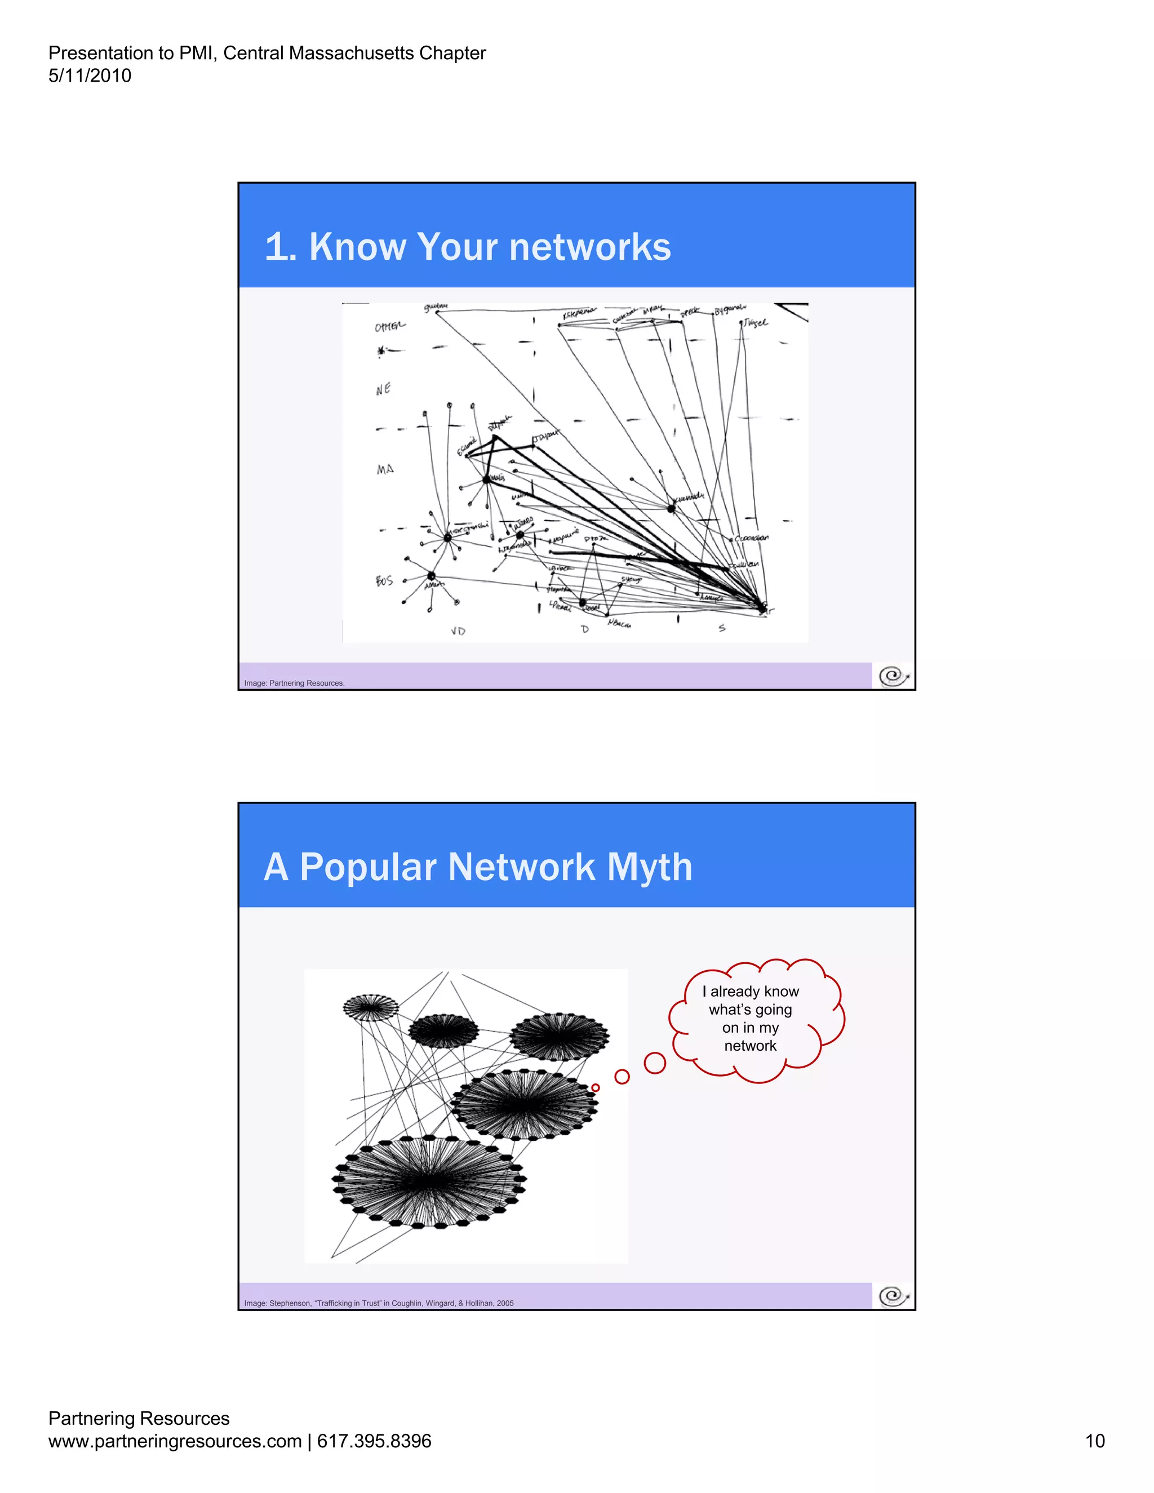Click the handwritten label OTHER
click(x=390, y=326)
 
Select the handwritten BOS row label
click(x=384, y=580)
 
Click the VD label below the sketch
click(x=458, y=631)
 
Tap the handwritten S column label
click(x=722, y=628)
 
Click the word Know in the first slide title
click(x=358, y=247)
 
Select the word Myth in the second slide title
click(x=650, y=867)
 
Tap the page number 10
click(x=1094, y=1441)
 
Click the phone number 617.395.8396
click(x=374, y=1441)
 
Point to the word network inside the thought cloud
click(x=750, y=1046)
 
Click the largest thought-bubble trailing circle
click(x=655, y=1063)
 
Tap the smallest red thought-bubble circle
click(x=596, y=1087)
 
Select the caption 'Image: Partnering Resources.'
click(x=294, y=683)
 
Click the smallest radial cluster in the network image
click(x=370, y=1007)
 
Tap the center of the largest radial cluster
click(x=428, y=1181)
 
